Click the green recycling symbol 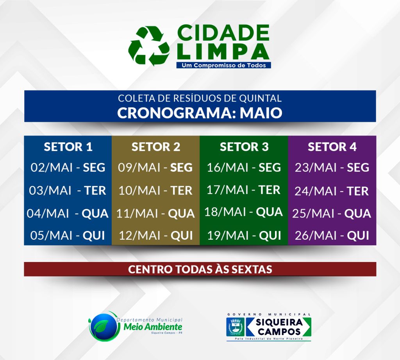[x=149, y=46]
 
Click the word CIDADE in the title [x=223, y=33]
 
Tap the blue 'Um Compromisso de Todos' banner [x=223, y=65]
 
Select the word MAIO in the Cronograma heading [x=261, y=113]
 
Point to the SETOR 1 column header [x=68, y=147]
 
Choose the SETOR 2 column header [x=156, y=147]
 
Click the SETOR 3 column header [x=244, y=147]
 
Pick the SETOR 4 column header [x=332, y=147]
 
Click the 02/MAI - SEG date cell [x=68, y=168]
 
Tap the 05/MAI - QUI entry [x=68, y=235]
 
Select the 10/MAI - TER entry [x=155, y=191]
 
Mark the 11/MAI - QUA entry [x=155, y=214]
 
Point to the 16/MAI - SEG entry [x=244, y=168]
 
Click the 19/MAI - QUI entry [x=244, y=235]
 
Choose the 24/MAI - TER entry [x=332, y=191]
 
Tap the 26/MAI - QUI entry [x=332, y=235]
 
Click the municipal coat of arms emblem [x=235, y=326]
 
